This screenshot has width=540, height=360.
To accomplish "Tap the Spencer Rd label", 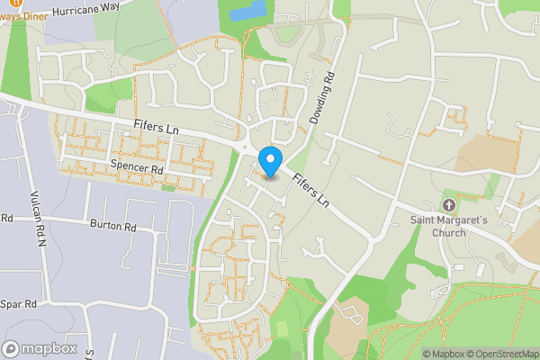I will (x=136, y=167).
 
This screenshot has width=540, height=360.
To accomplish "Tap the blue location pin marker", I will (x=269, y=159).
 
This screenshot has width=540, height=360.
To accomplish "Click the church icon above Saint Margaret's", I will (x=450, y=204).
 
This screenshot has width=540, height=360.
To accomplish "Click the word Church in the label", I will (x=449, y=233).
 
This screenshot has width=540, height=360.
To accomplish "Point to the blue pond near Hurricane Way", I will (x=248, y=13).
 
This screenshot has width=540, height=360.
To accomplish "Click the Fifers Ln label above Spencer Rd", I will (x=156, y=129).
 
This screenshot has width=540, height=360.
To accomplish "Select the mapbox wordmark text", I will (x=49, y=348).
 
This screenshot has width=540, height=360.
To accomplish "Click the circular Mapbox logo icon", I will (x=12, y=348).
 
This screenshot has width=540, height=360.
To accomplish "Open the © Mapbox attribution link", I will (x=445, y=354).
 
